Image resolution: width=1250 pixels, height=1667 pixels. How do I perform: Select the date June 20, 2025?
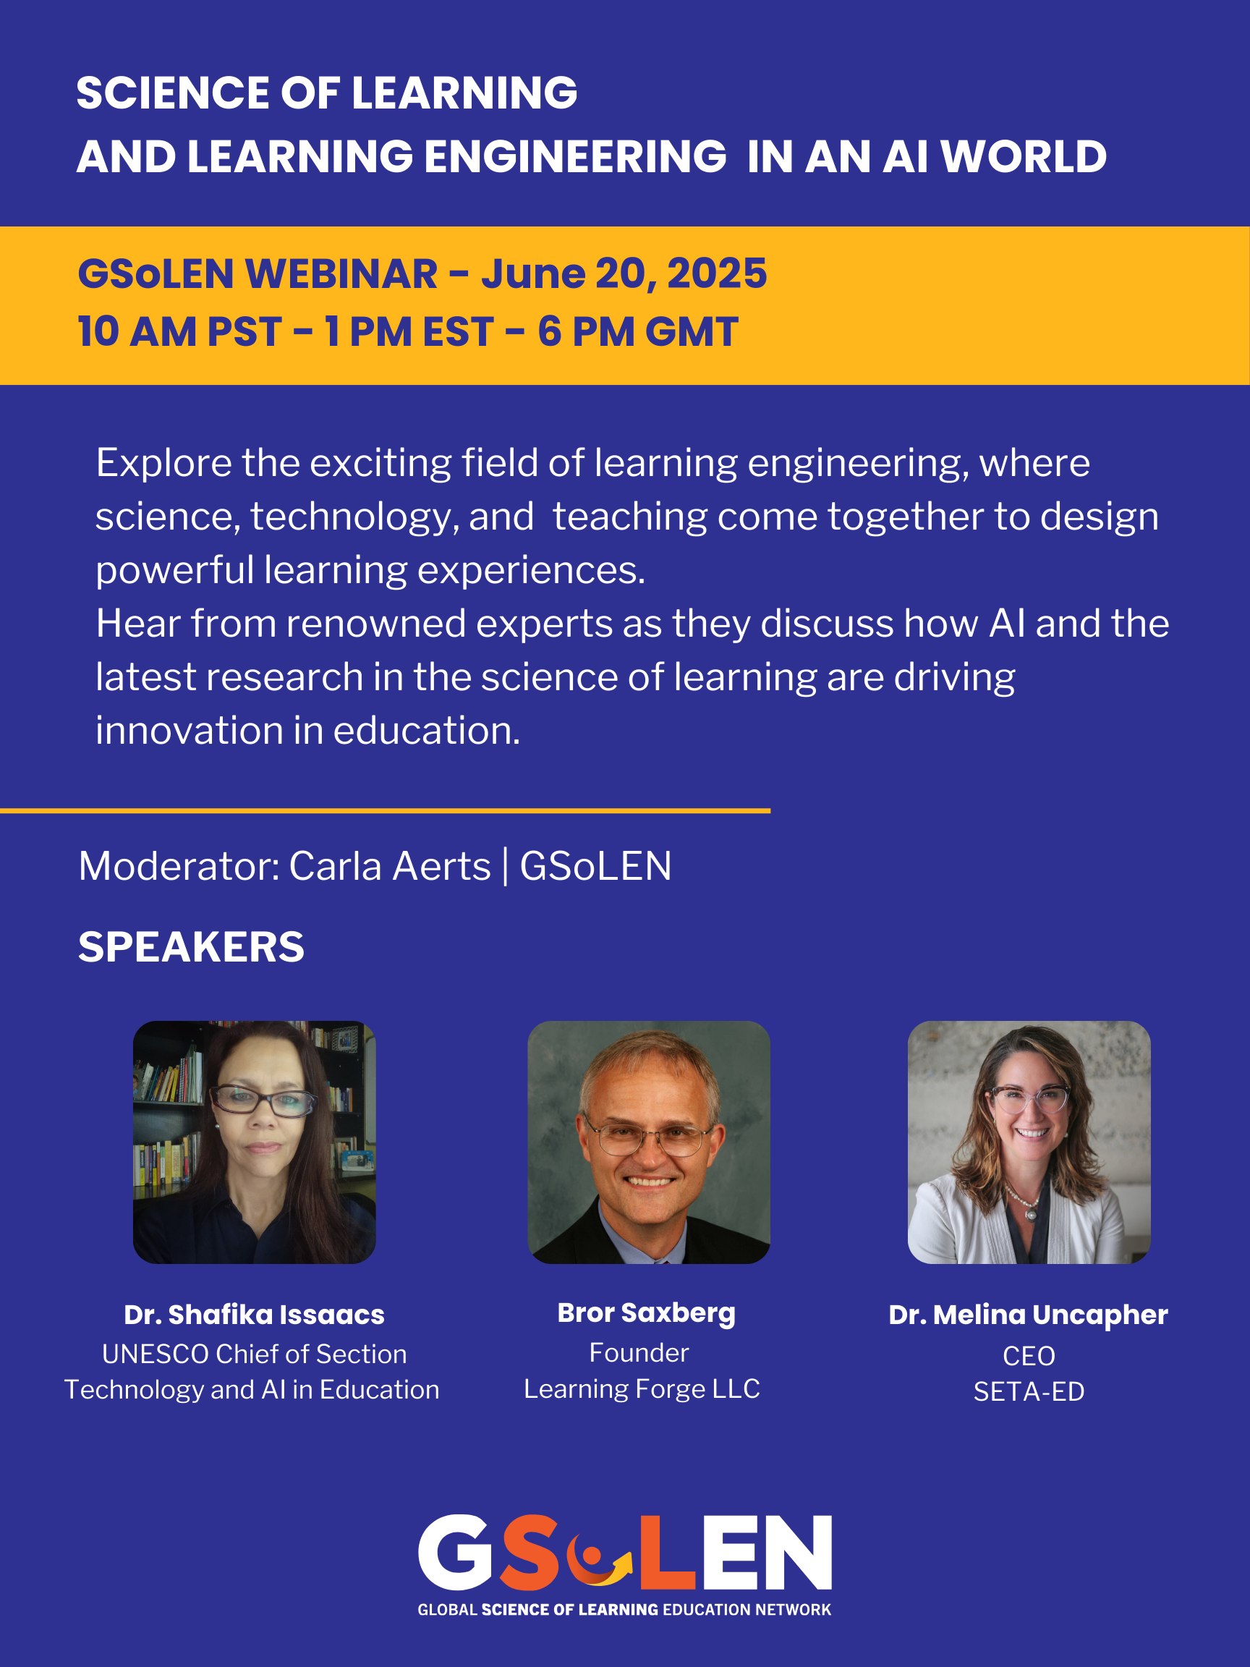(624, 273)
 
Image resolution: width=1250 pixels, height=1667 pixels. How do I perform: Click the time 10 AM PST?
(179, 331)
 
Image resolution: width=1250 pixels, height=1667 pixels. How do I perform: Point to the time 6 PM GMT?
(637, 331)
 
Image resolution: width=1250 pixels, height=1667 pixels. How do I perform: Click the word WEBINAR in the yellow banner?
(341, 273)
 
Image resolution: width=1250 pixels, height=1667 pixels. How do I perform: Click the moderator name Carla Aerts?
(390, 867)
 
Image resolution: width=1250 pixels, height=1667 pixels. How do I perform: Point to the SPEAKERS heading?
(192, 947)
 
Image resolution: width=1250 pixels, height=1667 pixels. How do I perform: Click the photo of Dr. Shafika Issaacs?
(255, 1142)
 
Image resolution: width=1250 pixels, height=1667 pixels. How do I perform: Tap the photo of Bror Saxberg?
(649, 1142)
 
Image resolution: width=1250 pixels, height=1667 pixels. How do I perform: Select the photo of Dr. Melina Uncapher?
(1029, 1142)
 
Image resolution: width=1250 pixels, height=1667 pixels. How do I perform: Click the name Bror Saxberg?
(647, 1313)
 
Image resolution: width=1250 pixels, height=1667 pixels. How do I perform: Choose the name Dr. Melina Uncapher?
(1029, 1315)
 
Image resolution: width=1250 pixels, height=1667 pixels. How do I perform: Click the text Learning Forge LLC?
(642, 1389)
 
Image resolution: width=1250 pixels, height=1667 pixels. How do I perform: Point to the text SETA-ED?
(1029, 1391)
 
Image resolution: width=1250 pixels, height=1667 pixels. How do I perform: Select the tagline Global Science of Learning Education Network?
(624, 1610)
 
